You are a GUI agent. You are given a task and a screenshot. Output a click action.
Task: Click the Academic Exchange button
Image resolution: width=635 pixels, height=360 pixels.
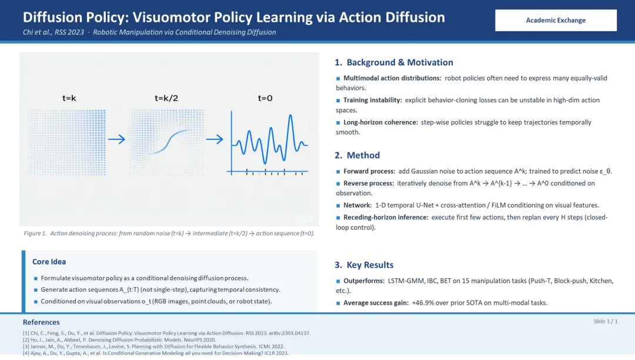556,20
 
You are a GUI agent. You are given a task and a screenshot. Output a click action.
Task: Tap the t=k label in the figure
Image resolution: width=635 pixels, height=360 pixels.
69,98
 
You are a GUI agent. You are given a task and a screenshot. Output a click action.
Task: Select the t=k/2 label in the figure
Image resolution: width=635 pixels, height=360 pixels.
166,98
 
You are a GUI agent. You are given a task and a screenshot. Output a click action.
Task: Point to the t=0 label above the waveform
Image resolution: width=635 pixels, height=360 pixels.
265,98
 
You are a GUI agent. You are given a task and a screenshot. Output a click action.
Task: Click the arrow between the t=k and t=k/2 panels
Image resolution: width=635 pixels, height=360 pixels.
116,139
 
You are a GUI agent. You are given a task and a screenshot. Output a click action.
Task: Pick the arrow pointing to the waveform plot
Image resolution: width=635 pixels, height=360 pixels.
215,139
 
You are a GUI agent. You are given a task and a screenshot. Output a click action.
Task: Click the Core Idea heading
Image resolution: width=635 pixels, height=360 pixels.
49,262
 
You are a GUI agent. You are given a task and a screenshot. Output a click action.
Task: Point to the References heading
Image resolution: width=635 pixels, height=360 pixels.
41,322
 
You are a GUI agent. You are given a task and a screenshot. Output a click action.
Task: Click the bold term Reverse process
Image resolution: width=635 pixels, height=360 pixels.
369,184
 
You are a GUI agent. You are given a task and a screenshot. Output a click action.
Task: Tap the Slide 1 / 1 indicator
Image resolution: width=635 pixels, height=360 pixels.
606,321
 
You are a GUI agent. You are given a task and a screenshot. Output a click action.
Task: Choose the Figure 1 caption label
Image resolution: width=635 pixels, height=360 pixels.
35,234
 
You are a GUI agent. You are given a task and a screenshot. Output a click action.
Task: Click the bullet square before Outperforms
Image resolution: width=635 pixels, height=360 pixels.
338,281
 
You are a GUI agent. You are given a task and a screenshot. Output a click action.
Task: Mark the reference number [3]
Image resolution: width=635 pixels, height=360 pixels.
26,346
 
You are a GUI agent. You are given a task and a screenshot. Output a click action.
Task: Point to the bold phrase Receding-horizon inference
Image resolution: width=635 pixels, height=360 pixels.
386,218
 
